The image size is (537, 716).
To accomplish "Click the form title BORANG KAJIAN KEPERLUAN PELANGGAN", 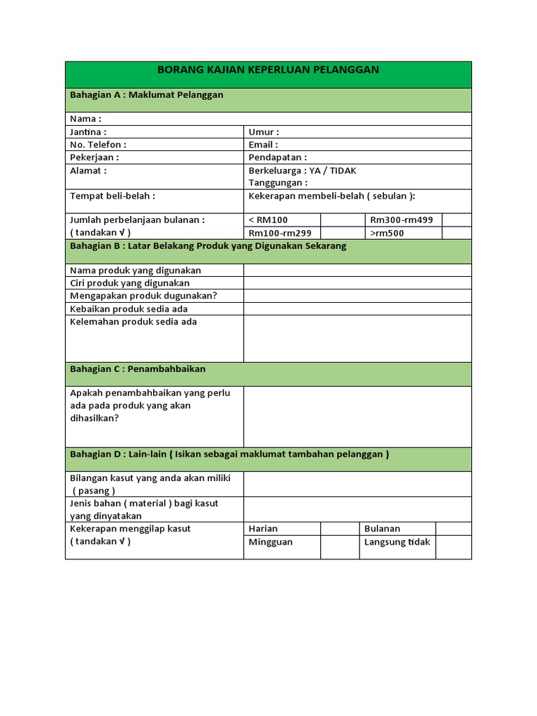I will (x=268, y=69).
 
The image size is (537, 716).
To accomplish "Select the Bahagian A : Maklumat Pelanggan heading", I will (x=146, y=94).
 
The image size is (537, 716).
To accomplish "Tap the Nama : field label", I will (x=85, y=119).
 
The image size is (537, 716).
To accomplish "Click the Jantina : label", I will (x=88, y=131).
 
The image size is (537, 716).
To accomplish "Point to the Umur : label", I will (x=264, y=131).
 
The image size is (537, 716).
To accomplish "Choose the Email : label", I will (x=263, y=145).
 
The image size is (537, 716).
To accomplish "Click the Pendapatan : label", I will (x=278, y=157).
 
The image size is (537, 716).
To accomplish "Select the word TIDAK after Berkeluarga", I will (x=343, y=171).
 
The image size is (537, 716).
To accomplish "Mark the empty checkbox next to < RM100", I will (x=340, y=220).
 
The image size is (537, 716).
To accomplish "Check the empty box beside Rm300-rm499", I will (x=457, y=220).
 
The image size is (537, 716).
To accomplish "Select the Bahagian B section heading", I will (x=208, y=246).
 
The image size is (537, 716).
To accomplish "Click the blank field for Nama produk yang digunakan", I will (x=357, y=271).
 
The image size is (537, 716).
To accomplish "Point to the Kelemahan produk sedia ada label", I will (x=134, y=322).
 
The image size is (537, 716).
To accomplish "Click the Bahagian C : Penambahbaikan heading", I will (x=138, y=368).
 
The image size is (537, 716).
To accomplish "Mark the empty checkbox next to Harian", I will (x=340, y=529).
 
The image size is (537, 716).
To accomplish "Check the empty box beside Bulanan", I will (x=454, y=529).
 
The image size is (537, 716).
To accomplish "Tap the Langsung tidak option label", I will (x=397, y=542).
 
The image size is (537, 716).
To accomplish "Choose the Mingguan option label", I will (x=271, y=542).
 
